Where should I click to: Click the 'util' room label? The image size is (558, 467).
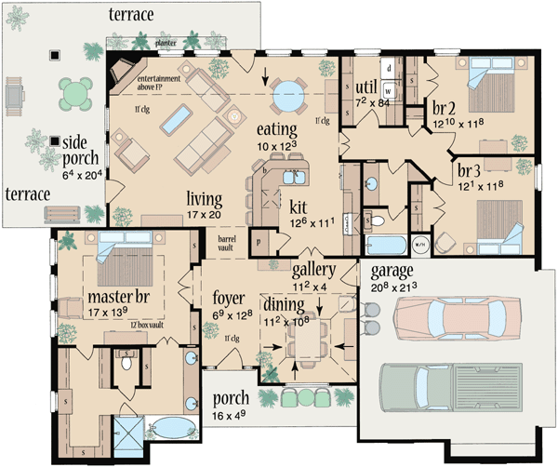coord(365,88)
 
